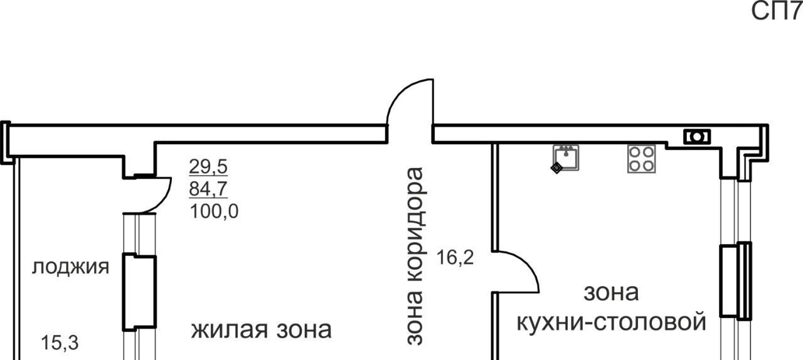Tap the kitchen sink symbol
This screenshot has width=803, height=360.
[566, 157]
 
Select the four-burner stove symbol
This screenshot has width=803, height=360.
[641, 159]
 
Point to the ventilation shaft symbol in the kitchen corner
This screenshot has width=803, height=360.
[697, 136]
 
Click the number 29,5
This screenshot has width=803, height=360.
[208, 167]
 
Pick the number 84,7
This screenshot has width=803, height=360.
[208, 189]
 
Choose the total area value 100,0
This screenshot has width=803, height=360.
[213, 211]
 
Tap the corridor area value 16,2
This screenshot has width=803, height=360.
[455, 257]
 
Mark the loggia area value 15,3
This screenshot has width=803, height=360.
[60, 343]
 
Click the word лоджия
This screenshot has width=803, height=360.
[70, 267]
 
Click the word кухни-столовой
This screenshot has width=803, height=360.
[611, 322]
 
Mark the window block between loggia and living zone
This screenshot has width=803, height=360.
[138, 292]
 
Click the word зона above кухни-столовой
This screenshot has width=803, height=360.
[611, 292]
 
